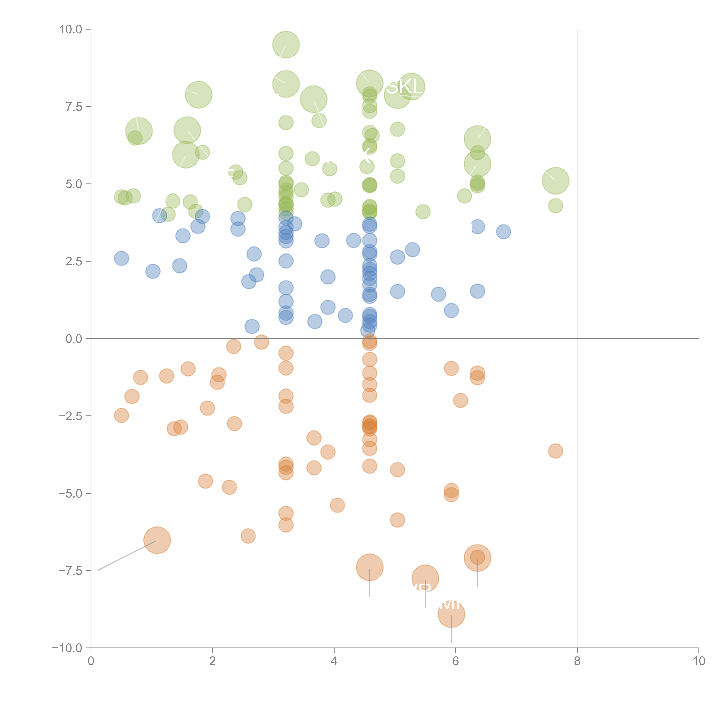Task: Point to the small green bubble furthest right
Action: [x=555, y=206]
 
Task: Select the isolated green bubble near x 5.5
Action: [x=423, y=212]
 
